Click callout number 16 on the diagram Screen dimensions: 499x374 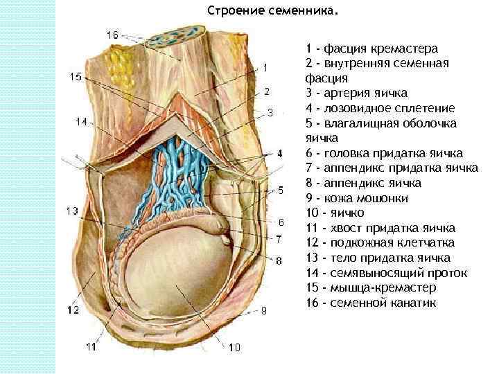(112, 34)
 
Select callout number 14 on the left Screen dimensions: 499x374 (81, 121)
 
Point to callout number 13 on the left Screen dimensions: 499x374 (73, 211)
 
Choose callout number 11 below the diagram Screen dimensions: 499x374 (91, 346)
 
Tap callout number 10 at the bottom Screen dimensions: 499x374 (234, 347)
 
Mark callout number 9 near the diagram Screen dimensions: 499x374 (263, 311)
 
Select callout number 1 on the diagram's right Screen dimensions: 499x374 (265, 67)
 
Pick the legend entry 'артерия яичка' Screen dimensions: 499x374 (357, 93)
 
